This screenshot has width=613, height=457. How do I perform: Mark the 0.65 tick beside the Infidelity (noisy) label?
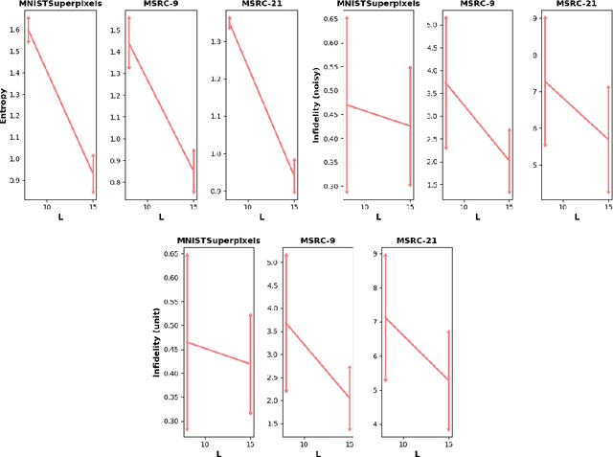pos(330,19)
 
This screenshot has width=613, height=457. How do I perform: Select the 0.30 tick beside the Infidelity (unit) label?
pos(171,422)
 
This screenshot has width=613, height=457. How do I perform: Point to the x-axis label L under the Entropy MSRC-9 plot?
pos(160,217)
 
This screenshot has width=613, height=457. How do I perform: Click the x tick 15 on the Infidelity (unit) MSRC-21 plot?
pos(448,444)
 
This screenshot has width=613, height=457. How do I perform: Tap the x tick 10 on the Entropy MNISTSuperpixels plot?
pos(46,206)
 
